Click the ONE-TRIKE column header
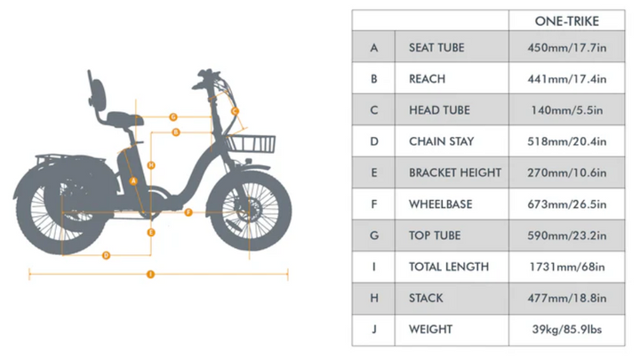565,21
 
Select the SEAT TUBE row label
436,47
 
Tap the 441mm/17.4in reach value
565,79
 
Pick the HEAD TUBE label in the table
439,110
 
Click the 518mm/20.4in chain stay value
565,141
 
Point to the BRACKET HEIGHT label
455,172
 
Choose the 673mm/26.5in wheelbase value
565,204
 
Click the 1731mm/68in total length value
565,267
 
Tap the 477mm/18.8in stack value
565,298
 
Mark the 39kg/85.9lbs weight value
565,330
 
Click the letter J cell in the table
374,330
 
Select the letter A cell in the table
374,47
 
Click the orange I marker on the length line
150,274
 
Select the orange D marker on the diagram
106,255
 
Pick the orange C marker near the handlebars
235,111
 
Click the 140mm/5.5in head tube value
565,110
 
